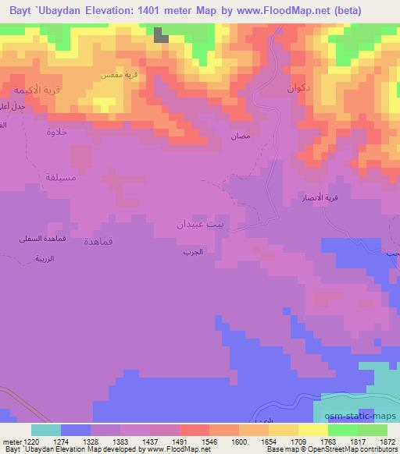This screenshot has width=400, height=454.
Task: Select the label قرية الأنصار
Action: point(320,198)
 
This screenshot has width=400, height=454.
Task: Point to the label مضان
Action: point(240,136)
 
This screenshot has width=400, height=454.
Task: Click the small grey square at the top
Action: point(160,34)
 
